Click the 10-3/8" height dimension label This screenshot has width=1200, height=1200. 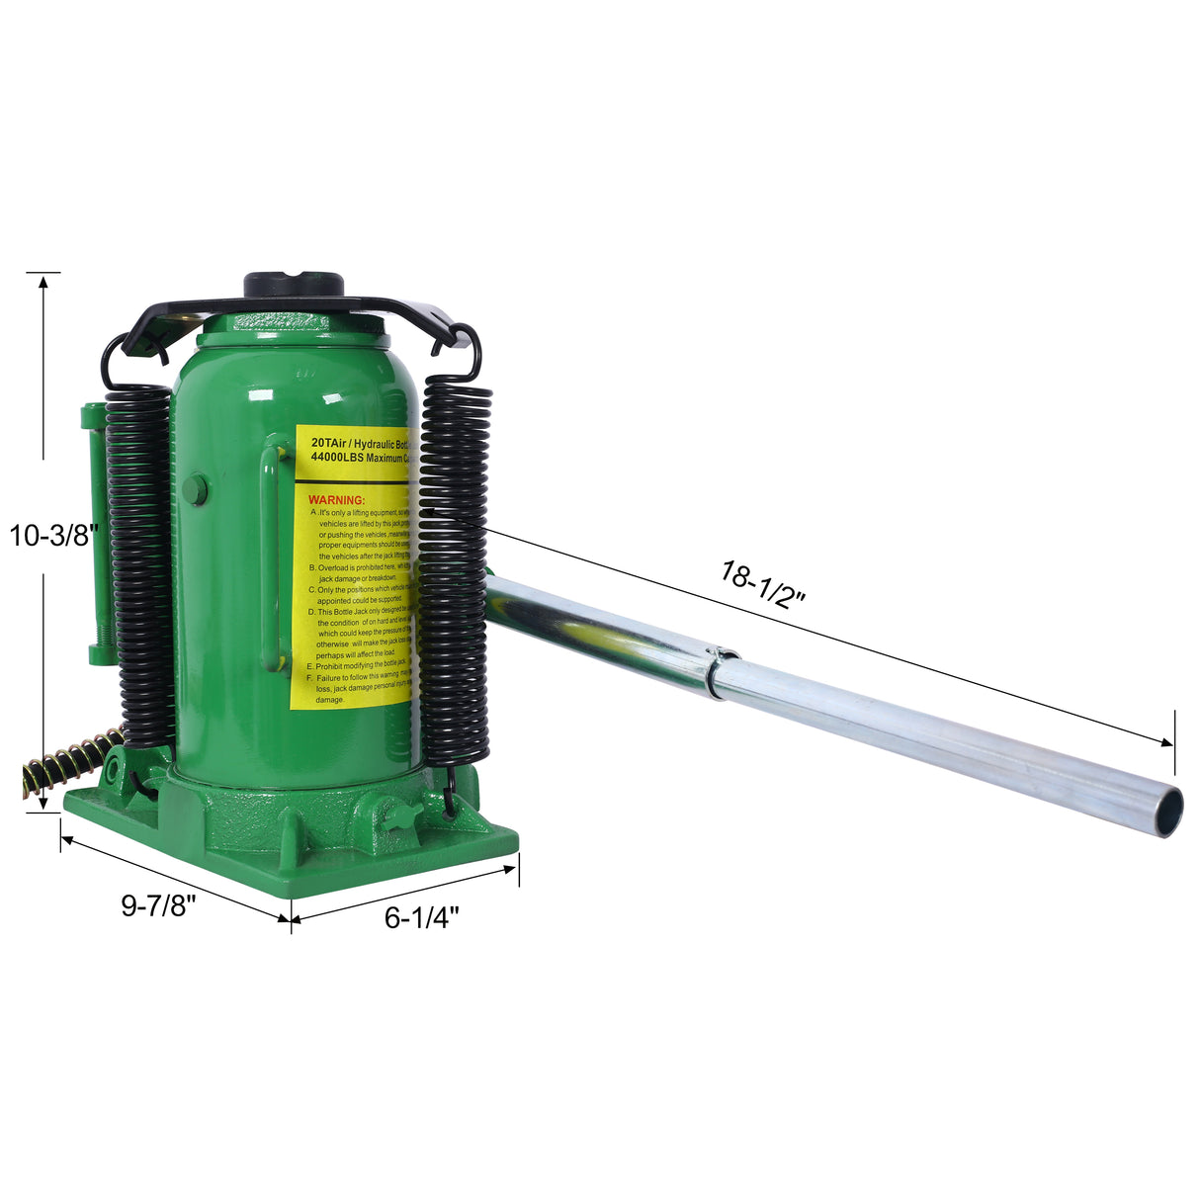[53, 536]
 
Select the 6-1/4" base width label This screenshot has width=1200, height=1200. [422, 918]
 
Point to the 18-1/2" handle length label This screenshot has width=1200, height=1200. [764, 585]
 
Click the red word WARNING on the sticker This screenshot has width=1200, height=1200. [336, 500]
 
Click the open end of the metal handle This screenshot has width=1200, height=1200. [1170, 811]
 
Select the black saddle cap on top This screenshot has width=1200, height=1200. [294, 284]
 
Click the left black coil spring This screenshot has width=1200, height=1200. [139, 554]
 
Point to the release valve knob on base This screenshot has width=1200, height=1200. [403, 816]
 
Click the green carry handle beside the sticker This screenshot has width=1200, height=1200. [269, 558]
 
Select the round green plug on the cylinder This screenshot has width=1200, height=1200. [195, 488]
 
